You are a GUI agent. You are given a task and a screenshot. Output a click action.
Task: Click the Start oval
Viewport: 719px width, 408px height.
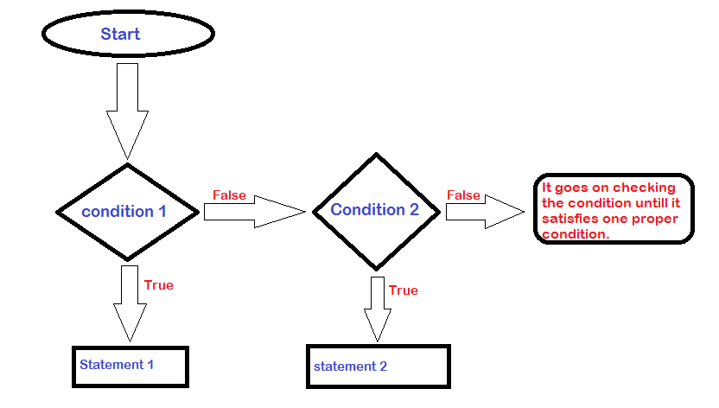[127, 35]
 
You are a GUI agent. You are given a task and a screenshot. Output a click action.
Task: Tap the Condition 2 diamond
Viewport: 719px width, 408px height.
[374, 210]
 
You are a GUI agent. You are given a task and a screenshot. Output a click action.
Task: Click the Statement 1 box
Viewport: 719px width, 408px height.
[130, 366]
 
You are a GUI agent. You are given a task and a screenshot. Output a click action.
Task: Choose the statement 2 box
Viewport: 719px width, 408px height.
[379, 367]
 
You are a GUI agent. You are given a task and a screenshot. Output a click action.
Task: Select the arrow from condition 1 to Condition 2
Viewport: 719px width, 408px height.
[254, 211]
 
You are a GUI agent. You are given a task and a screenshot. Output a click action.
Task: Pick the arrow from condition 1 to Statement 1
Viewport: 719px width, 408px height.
[130, 303]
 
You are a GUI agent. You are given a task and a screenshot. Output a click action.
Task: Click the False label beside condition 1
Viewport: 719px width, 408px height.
[229, 195]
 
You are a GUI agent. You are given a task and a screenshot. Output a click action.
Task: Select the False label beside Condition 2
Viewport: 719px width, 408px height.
[463, 195]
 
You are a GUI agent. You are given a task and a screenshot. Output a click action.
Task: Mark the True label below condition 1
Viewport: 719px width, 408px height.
[158, 285]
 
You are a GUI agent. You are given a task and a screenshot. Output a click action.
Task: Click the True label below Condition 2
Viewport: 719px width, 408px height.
[403, 290]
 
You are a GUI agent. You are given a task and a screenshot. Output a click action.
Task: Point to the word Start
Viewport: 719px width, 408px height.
[120, 35]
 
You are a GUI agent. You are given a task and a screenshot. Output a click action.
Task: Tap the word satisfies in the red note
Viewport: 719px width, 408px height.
[569, 219]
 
